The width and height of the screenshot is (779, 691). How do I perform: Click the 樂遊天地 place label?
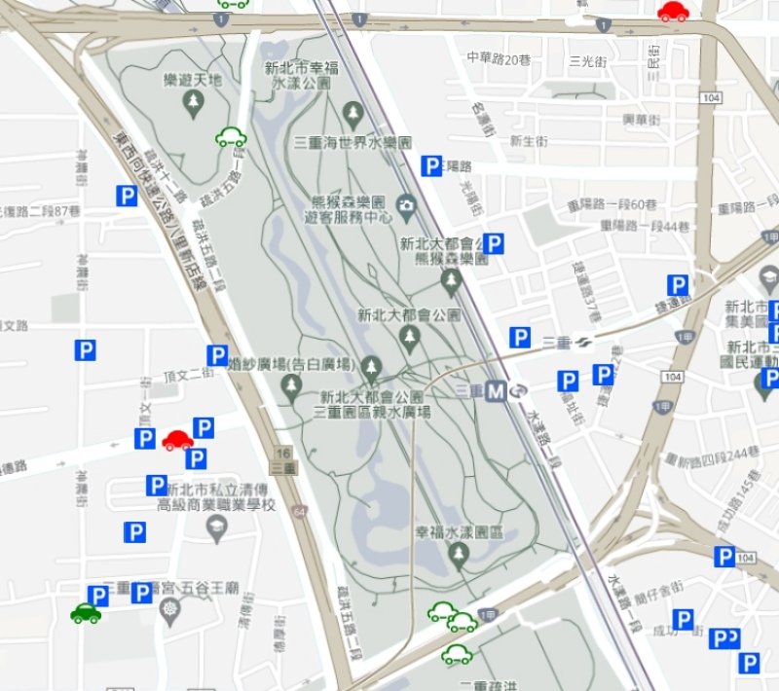tap(195, 80)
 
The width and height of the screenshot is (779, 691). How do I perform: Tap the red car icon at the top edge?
tap(673, 12)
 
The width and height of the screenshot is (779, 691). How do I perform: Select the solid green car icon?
tap(86, 613)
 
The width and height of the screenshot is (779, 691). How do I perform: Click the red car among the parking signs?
tap(177, 440)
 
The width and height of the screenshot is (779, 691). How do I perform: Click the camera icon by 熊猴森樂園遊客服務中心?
tap(406, 204)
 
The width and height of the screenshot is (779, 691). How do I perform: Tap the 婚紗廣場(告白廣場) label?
tap(289, 365)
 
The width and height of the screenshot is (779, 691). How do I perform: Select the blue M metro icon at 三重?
tap(497, 391)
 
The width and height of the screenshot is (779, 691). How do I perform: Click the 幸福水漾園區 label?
tap(459, 532)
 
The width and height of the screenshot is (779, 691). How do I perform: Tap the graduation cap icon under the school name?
tap(216, 528)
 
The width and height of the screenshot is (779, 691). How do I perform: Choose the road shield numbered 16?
tap(283, 454)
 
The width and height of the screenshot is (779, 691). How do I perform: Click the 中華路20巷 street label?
tap(499, 57)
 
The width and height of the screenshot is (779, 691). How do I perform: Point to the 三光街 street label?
tap(588, 61)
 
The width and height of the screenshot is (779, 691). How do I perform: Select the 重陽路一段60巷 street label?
tap(612, 205)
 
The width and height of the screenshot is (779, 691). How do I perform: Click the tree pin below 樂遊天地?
tap(194, 101)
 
